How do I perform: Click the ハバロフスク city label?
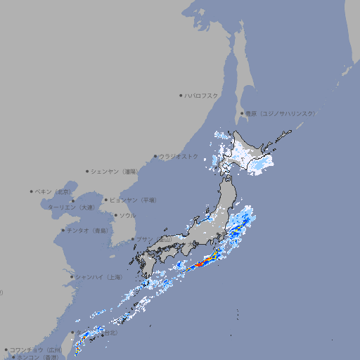click(x=202, y=95)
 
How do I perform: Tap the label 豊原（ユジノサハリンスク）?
click(x=280, y=113)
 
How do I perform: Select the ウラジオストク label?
click(x=179, y=156)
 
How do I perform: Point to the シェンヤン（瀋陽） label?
click(x=115, y=171)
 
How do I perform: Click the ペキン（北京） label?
click(x=54, y=191)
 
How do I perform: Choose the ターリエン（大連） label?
click(x=70, y=207)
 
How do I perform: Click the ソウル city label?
click(x=127, y=215)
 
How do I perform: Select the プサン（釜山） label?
click(x=154, y=239)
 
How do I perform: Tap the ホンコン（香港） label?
click(x=37, y=357)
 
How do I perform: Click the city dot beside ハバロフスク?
click(x=181, y=95)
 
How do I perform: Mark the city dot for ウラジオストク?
click(x=155, y=156)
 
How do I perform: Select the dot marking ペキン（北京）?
click(x=32, y=191)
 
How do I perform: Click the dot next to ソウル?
click(x=115, y=215)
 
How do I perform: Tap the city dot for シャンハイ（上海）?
click(x=72, y=276)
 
